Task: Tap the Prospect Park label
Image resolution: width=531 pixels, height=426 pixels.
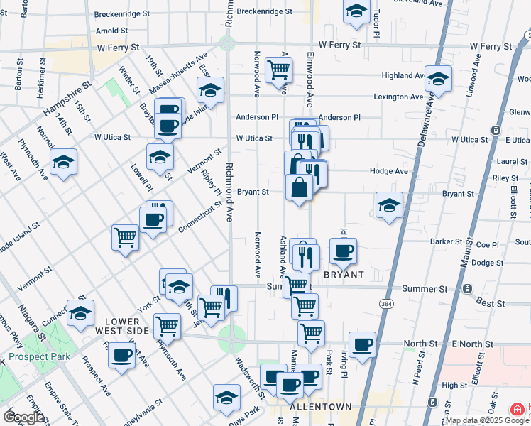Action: (40, 356)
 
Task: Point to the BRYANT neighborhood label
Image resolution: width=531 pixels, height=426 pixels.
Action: (344, 274)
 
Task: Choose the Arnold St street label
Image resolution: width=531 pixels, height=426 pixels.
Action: (111, 31)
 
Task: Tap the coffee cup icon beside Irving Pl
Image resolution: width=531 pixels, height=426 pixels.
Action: (344, 250)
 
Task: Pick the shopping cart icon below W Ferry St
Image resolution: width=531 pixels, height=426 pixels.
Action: (278, 69)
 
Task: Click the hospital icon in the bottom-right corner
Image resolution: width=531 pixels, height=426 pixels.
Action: (518, 410)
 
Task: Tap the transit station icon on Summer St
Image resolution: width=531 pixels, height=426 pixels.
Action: (467, 289)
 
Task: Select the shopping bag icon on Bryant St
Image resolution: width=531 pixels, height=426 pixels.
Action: (299, 187)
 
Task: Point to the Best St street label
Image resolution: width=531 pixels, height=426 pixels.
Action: (490, 303)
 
